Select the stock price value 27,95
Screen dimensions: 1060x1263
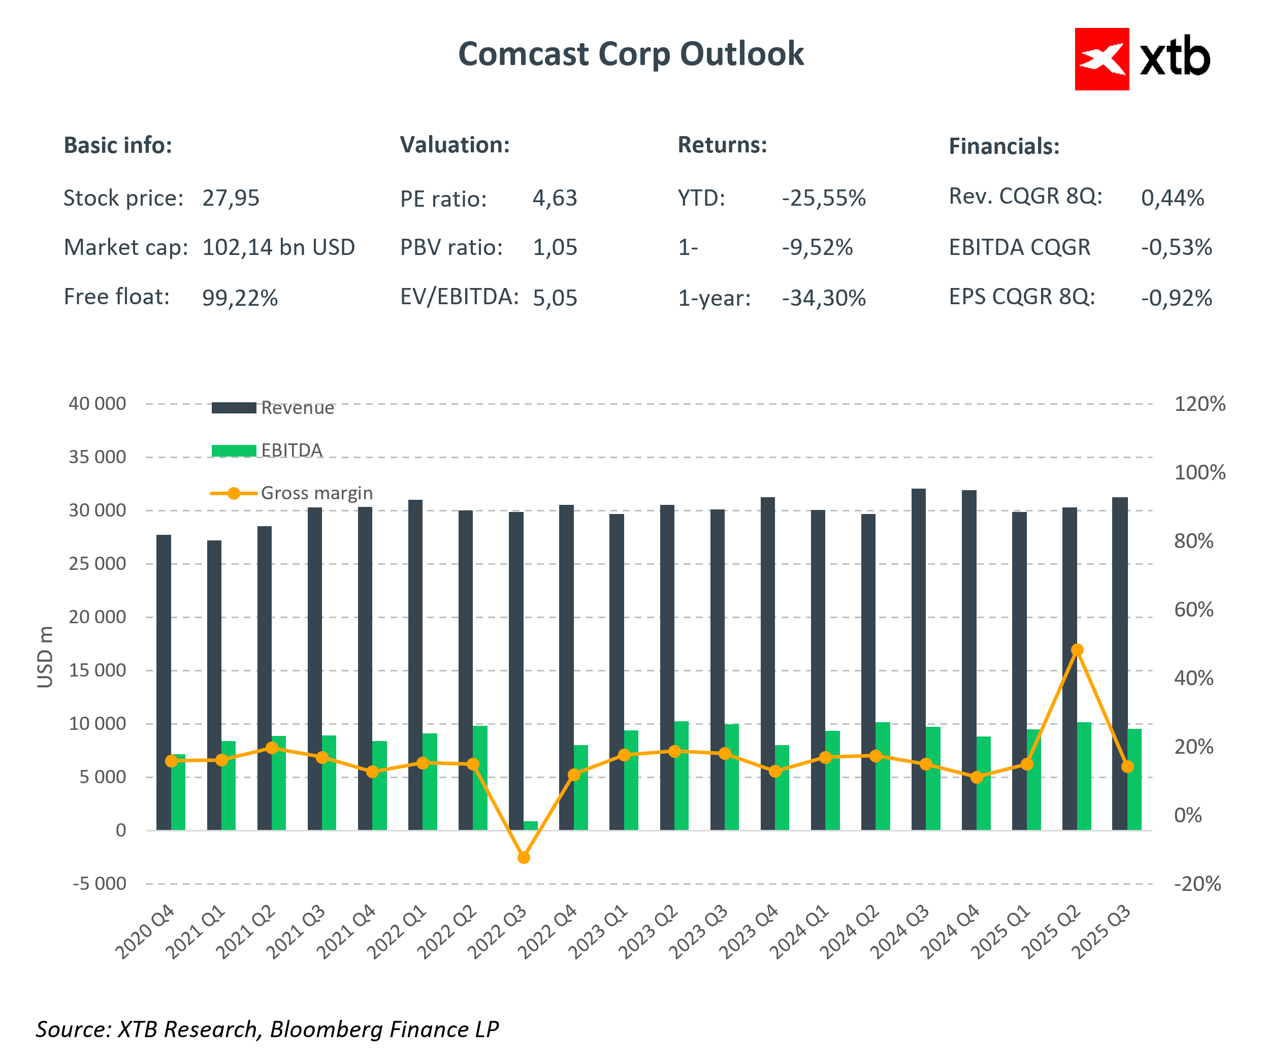coord(231,198)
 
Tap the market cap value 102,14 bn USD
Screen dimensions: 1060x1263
coord(278,247)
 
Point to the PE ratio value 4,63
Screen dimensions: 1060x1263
coord(555,198)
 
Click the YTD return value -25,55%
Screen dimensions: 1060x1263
coord(823,198)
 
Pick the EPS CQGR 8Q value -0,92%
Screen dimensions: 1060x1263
coord(1176,298)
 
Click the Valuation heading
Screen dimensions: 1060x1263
coord(455,145)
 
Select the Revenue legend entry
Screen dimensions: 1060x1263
coord(274,408)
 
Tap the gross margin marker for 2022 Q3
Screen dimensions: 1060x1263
coord(524,857)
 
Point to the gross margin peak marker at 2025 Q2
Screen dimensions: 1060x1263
coord(1077,650)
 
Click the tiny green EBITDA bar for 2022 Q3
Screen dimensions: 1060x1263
coord(531,825)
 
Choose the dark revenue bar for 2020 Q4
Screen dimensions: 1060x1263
coord(164,683)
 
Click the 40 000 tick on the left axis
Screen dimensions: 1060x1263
coord(98,404)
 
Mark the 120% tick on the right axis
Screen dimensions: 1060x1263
coord(1199,404)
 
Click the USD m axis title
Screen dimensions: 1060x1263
coord(46,656)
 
